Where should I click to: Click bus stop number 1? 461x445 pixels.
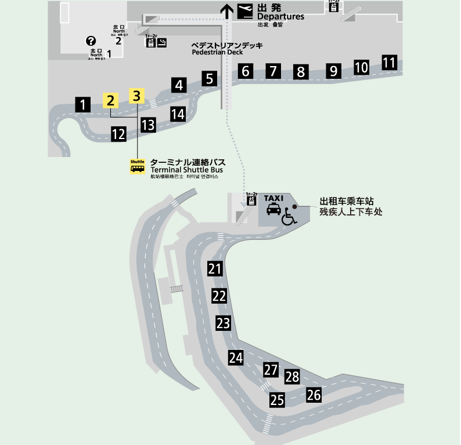coord(84,105)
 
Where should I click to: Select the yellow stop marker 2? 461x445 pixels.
coord(110,100)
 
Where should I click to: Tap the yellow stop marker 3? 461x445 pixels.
coord(136,96)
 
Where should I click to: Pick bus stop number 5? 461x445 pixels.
coord(210,78)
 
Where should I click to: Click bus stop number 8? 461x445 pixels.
coord(301,72)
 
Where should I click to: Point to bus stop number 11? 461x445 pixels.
coord(389,62)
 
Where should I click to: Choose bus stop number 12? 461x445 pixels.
coord(118,134)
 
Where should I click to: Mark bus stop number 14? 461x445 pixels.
coord(178,114)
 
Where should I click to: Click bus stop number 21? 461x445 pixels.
coord(215,269)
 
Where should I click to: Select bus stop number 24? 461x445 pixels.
coord(235,358)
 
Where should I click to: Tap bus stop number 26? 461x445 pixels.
coord(314,395)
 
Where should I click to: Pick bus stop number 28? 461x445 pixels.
coord(292,377)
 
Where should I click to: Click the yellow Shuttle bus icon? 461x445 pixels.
coord(138,166)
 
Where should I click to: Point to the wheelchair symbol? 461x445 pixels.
coord(289,218)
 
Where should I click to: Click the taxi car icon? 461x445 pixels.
coord(274,209)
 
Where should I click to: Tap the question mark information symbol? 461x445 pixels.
coord(91,41)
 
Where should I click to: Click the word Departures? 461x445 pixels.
coord(280,17)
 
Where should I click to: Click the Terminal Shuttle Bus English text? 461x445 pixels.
coord(186,170)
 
